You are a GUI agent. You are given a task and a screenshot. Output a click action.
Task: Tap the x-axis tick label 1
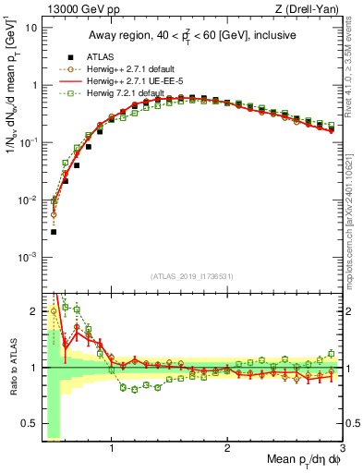click(x=111, y=449)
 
